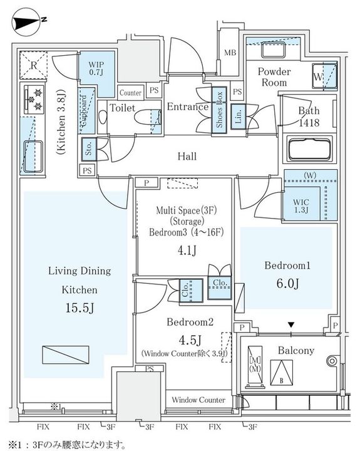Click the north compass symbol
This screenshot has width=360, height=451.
(26, 23)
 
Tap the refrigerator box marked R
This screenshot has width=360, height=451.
(33, 65)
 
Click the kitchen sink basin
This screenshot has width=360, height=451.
(33, 157)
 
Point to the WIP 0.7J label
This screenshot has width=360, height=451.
(96, 68)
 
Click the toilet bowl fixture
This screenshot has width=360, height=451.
(148, 117)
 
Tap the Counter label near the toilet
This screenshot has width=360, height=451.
(130, 93)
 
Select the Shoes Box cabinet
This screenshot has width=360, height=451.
(219, 110)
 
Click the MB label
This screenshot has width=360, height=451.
(230, 53)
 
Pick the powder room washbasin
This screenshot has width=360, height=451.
(273, 50)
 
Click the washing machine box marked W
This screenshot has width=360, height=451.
(325, 76)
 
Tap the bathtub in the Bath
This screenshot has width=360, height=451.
(309, 150)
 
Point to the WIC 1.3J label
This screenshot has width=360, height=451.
(301, 206)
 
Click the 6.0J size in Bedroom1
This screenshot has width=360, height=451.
(287, 283)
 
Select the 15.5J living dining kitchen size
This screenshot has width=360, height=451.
(80, 308)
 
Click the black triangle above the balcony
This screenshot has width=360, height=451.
(291, 325)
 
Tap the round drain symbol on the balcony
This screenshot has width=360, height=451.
(332, 361)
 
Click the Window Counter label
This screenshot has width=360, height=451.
(198, 400)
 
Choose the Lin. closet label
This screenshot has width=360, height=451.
(238, 117)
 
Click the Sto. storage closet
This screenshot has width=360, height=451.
(88, 149)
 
